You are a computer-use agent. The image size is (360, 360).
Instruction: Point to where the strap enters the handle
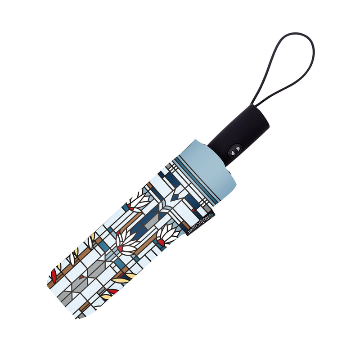[254, 105]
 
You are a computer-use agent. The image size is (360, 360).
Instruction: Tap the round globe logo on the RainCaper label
[211, 216]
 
